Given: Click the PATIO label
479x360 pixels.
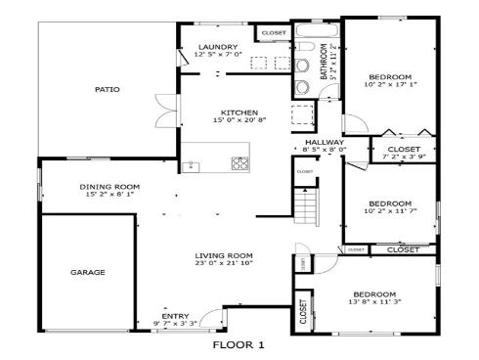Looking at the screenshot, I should pos(108,89).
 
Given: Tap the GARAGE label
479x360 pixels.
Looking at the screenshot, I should pos(87,272).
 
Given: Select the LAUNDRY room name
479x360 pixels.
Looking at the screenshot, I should pos(218,47).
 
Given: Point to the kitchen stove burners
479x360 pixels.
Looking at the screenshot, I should pos(239,162).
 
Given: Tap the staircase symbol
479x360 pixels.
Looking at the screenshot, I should pos(307,207).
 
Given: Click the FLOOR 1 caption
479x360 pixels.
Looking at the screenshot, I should pos(239,344).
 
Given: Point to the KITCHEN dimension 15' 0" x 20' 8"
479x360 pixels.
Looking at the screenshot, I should pos(239,119).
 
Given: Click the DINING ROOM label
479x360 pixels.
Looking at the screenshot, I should pos(109,186).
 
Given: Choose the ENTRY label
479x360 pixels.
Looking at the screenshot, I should pos(175,315).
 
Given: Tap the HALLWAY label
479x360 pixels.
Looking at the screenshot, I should pos(324,143).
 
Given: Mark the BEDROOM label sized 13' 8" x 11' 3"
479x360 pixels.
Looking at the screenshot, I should pos(374,294).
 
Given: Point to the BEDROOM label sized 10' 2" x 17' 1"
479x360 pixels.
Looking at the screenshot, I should pos(390,76).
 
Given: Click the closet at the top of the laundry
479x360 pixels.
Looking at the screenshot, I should pos(271,33).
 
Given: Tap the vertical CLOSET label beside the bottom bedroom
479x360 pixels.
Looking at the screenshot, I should pos(303,311).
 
